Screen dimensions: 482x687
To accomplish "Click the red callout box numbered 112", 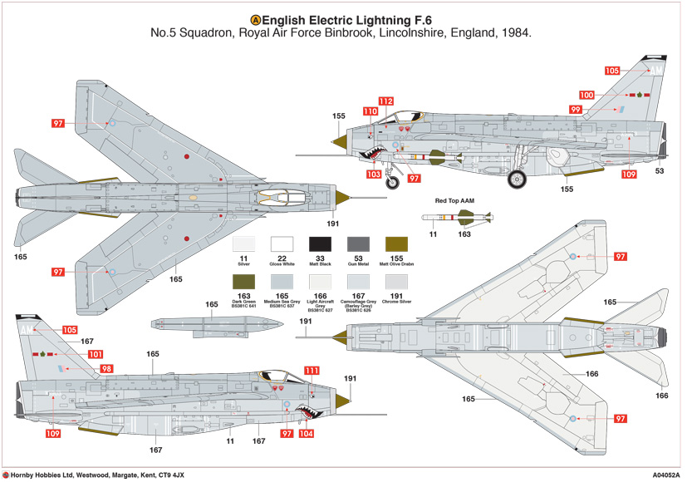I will click(385, 101).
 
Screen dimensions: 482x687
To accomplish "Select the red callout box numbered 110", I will click(370, 111).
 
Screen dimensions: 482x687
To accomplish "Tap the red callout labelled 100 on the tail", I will click(586, 96).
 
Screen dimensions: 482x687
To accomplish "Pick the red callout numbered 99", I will click(575, 110).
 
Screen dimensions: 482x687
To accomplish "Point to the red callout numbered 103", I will click(375, 175).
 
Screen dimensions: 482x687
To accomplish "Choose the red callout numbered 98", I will click(106, 368).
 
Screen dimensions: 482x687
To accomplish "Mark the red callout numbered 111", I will click(311, 371).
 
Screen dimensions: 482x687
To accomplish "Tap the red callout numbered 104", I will click(306, 434).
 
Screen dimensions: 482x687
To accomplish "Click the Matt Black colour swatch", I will click(321, 244).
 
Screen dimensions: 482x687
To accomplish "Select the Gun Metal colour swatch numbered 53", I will click(358, 244).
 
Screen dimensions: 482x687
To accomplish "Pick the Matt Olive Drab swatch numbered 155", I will click(395, 244).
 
